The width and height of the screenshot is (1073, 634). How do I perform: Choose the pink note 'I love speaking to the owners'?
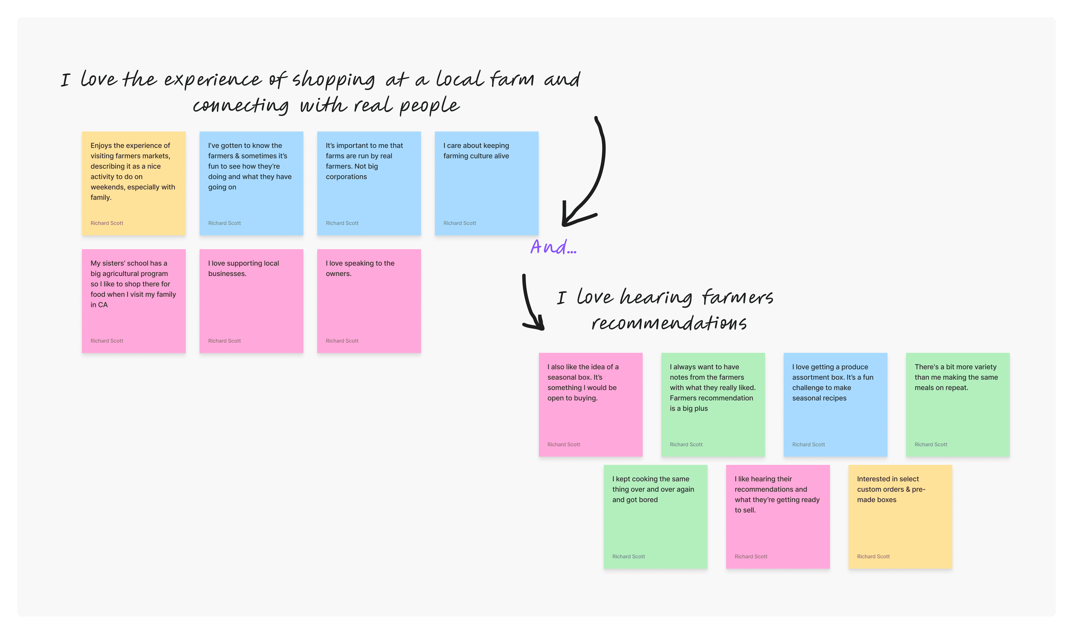click(369, 301)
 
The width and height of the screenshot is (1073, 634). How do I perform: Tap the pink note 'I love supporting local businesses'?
click(251, 301)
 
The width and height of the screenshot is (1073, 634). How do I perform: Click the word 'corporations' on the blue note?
click(346, 177)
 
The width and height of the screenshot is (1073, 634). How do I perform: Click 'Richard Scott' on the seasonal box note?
click(564, 445)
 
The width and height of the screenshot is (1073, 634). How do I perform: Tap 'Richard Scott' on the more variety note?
click(931, 445)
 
